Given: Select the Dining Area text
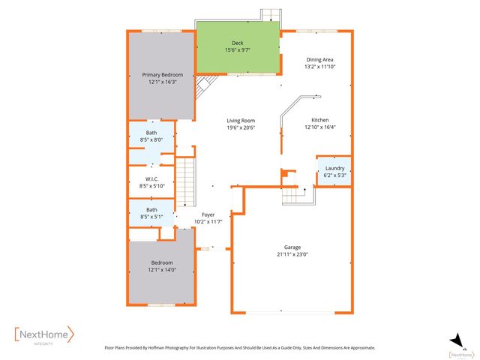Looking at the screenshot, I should (319, 59).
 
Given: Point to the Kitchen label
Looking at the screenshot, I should (319, 120).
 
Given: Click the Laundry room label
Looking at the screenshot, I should (334, 169).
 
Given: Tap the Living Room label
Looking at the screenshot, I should (241, 121).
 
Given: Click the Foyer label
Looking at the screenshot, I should (208, 214).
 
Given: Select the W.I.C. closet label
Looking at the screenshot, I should (151, 179).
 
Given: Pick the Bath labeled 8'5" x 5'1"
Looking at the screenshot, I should (151, 210).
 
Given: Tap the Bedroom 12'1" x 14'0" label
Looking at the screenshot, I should (162, 262).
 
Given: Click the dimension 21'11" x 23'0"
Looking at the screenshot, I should (292, 254).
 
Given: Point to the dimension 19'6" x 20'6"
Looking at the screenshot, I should (241, 127).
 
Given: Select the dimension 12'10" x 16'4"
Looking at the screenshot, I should (319, 127).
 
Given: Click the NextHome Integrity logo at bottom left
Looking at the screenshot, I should (45, 334).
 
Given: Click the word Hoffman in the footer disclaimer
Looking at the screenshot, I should (174, 348).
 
